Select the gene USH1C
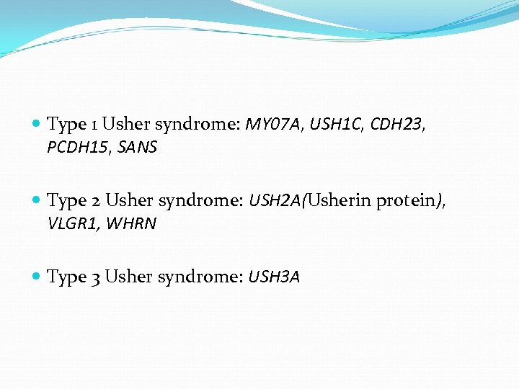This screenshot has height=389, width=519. pyautogui.click(x=337, y=125)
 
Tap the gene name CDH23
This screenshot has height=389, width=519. pyautogui.click(x=396, y=125)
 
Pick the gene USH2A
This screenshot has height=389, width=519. pyautogui.click(x=275, y=201)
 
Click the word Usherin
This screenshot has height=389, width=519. pyautogui.click(x=338, y=201)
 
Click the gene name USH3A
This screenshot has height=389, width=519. pyautogui.click(x=274, y=277)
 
